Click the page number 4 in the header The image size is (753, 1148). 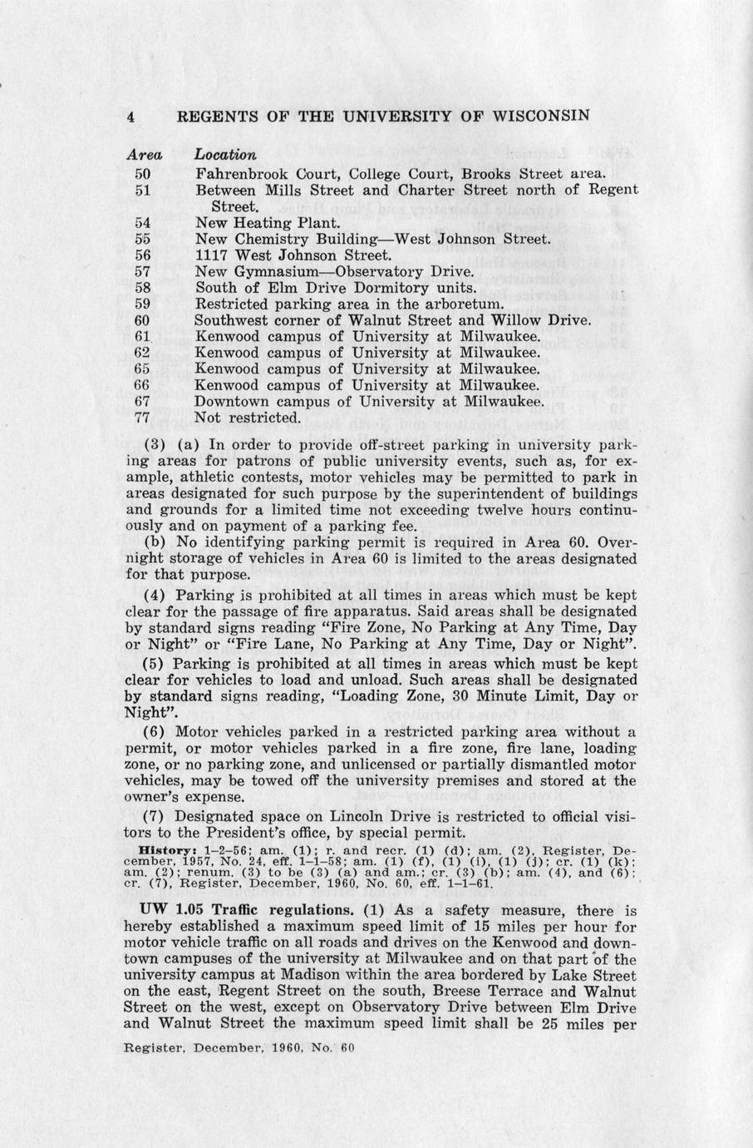[130, 116]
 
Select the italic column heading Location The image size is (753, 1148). [225, 155]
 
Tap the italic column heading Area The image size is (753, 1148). [143, 155]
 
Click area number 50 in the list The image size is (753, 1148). [142, 174]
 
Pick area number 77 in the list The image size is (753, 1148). [142, 417]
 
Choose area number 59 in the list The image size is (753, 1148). [142, 304]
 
